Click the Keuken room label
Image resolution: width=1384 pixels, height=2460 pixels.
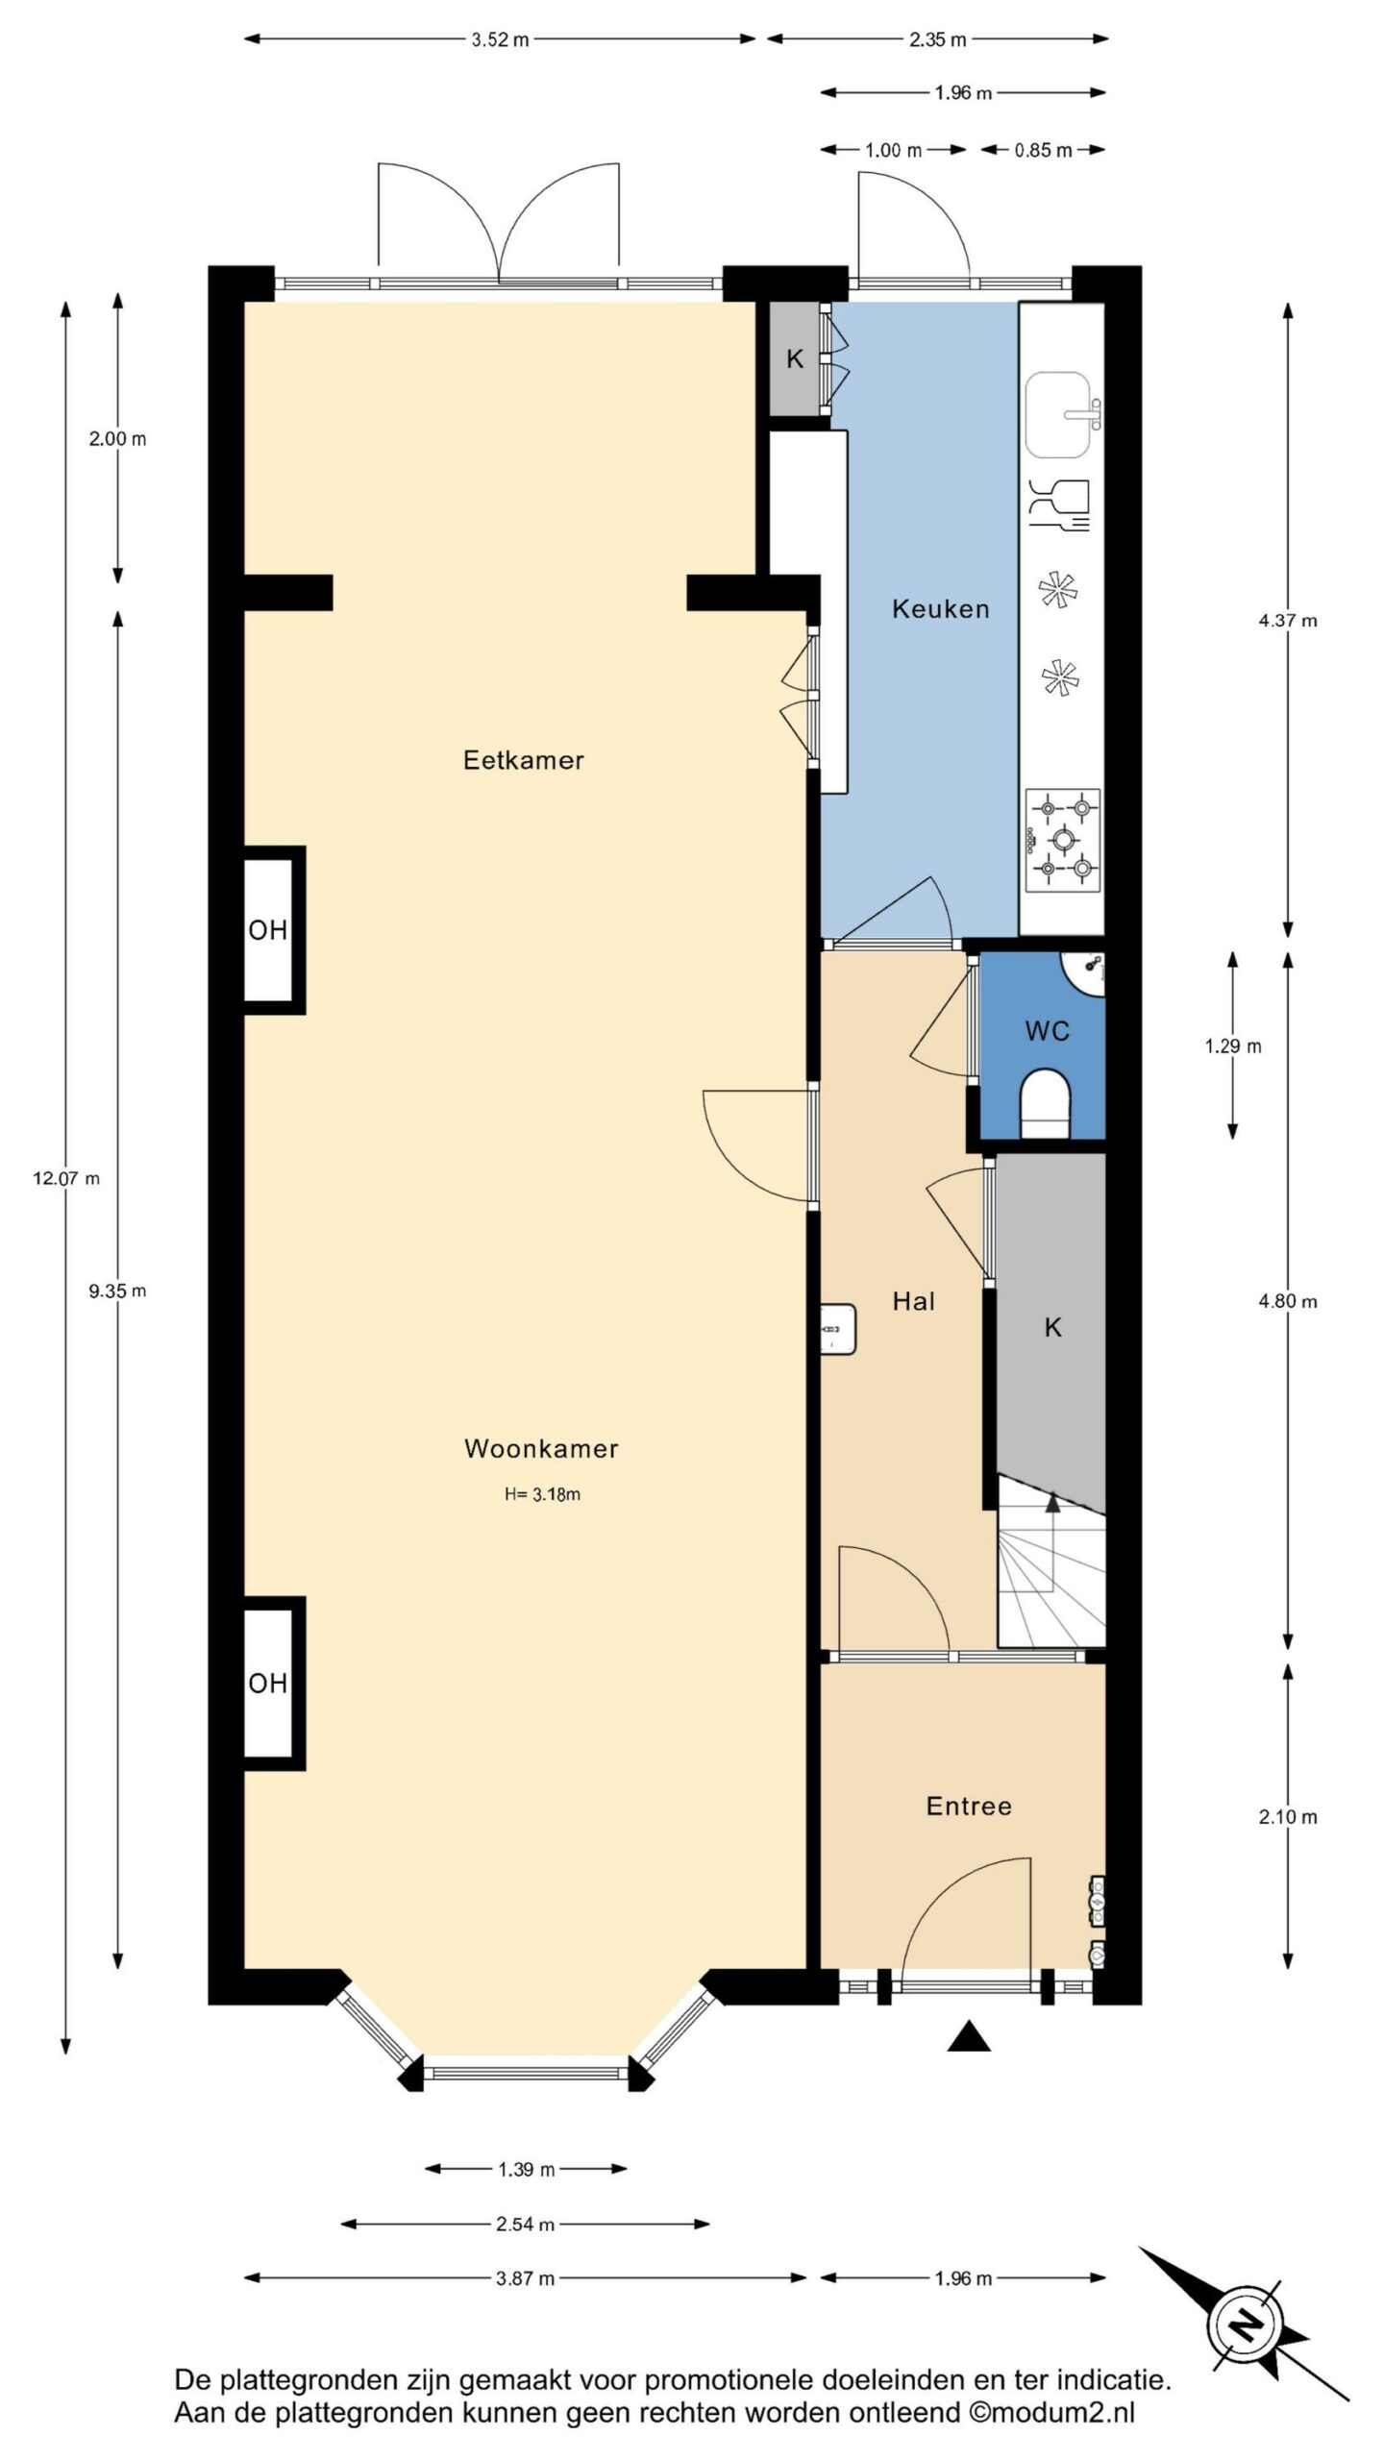(940, 608)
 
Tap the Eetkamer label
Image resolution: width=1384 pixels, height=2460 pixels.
(524, 760)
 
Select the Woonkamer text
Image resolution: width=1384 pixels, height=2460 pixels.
(541, 1448)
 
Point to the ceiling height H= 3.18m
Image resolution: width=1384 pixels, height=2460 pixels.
(542, 1494)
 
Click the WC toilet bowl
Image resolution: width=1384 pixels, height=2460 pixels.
(1045, 1105)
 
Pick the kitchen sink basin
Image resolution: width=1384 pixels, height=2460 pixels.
(1058, 416)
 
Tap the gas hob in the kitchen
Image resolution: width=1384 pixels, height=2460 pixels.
(1062, 840)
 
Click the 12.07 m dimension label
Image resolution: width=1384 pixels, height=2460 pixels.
(66, 1178)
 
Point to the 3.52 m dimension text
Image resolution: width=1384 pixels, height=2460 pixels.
(500, 40)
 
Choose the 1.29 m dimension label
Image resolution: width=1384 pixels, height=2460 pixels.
(1233, 1046)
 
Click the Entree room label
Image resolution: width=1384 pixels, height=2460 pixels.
(969, 1806)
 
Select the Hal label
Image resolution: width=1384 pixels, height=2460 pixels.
(913, 1301)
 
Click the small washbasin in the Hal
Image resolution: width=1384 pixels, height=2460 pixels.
(837, 1328)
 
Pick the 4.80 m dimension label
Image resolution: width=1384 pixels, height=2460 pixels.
(1288, 1301)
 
